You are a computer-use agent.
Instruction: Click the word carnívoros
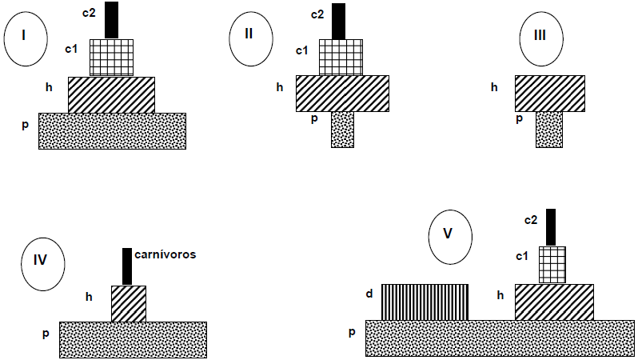(x=165, y=255)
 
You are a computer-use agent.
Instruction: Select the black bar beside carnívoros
(x=127, y=266)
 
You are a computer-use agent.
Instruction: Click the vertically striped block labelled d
(x=425, y=302)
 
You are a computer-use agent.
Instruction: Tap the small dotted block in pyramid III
(x=549, y=129)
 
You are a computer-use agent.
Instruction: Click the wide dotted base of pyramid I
(x=112, y=130)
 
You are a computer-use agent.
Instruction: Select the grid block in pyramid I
(x=111, y=58)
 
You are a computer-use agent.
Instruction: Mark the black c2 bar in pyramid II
(x=339, y=21)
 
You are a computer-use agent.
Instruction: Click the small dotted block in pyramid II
(x=342, y=129)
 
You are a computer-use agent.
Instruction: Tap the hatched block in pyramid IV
(x=129, y=303)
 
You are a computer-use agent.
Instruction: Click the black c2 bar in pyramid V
(x=551, y=226)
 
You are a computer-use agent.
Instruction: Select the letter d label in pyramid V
(x=369, y=294)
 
